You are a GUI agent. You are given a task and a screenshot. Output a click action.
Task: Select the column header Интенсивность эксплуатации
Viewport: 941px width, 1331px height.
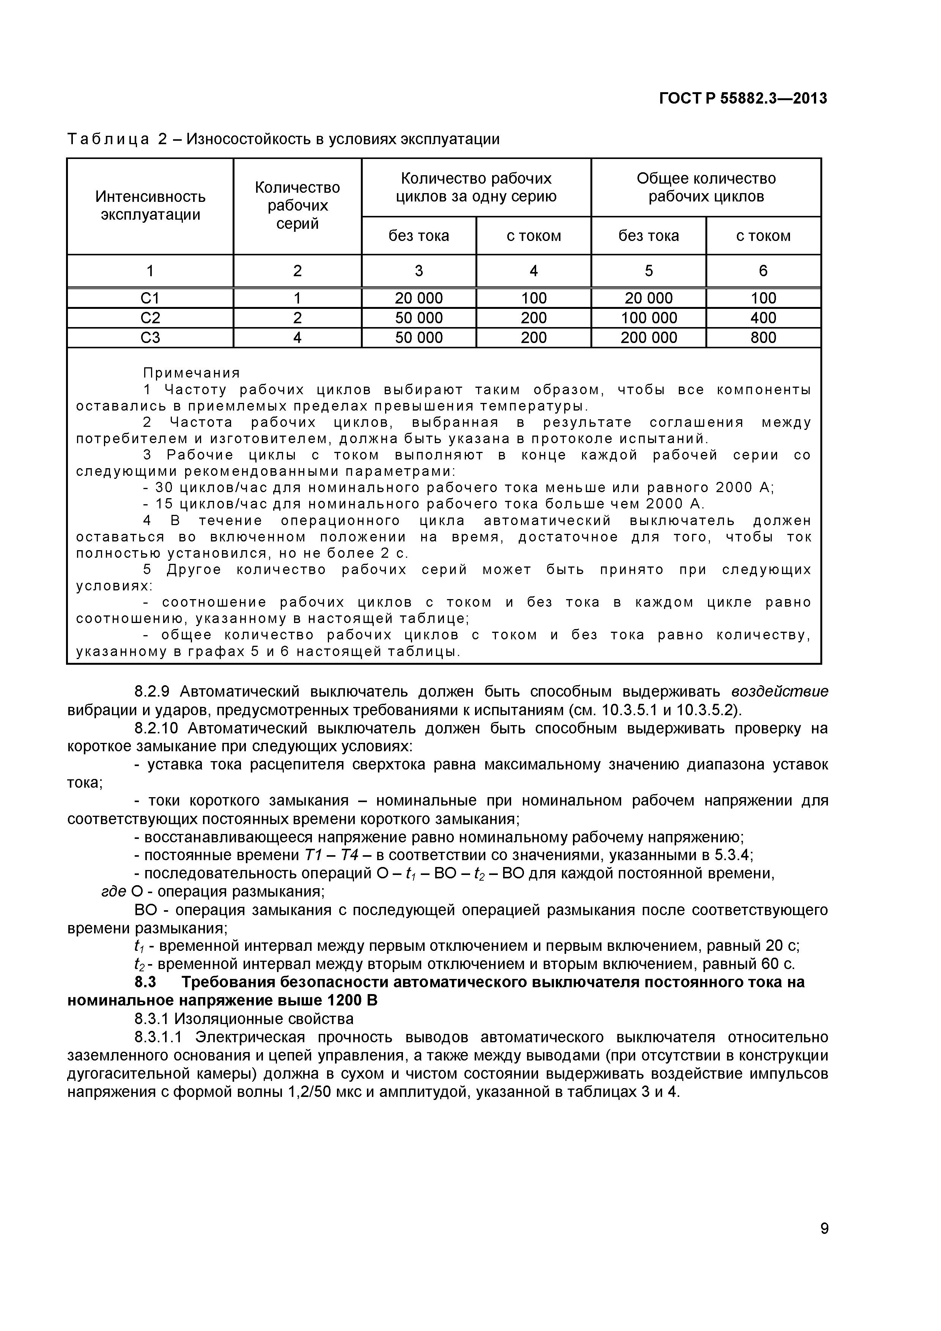[x=150, y=206]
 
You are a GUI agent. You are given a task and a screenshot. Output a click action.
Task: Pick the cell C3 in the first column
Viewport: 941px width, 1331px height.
[x=150, y=337]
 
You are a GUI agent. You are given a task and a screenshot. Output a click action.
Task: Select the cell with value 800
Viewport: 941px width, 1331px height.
[x=763, y=337]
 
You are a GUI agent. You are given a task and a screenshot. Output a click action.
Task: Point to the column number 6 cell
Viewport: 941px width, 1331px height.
[x=763, y=271]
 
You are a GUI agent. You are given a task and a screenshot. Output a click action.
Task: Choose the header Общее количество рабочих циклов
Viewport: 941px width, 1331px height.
[x=706, y=187]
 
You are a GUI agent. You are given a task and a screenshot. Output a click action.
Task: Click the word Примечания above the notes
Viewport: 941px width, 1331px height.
[x=191, y=373]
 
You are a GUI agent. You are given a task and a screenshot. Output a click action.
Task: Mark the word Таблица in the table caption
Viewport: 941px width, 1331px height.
[x=109, y=139]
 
